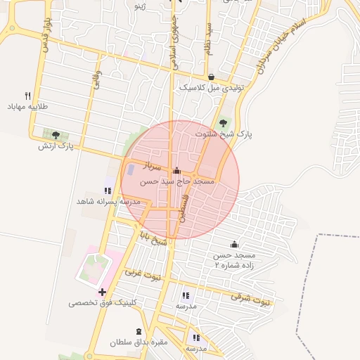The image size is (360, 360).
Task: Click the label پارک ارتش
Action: tap(56, 146)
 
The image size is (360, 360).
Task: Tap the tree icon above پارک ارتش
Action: tap(56, 134)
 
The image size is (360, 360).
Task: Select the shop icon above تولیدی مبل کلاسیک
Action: tap(212, 77)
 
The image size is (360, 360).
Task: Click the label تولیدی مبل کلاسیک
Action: tap(211, 88)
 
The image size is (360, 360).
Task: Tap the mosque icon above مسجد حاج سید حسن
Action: tap(176, 170)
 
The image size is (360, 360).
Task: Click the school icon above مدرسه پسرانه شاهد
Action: tap(108, 190)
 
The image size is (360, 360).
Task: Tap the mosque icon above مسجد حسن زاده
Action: tap(234, 243)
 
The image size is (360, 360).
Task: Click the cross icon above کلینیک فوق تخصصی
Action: tap(103, 292)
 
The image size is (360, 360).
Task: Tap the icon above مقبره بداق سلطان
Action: tap(139, 331)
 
